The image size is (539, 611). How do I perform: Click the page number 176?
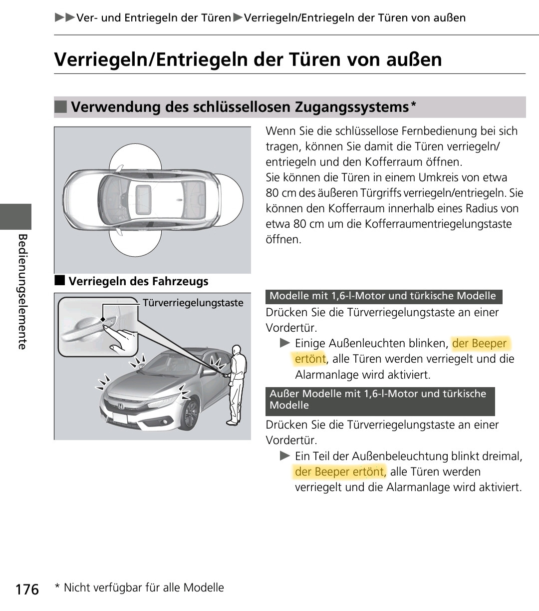click(27, 590)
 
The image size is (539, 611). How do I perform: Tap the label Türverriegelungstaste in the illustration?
click(193, 303)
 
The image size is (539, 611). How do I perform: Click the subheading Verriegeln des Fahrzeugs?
click(138, 281)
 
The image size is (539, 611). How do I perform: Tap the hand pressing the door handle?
click(122, 339)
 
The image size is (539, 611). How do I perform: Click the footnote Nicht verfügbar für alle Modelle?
click(144, 588)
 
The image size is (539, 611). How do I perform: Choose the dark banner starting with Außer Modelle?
click(380, 400)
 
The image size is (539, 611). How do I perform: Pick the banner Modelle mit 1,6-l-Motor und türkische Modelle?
click(383, 296)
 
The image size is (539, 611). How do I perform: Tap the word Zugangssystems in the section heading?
click(351, 107)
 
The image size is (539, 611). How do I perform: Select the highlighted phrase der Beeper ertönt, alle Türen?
click(339, 472)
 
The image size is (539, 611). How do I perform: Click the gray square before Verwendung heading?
click(60, 107)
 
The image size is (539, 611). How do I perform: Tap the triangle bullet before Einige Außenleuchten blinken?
click(284, 343)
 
